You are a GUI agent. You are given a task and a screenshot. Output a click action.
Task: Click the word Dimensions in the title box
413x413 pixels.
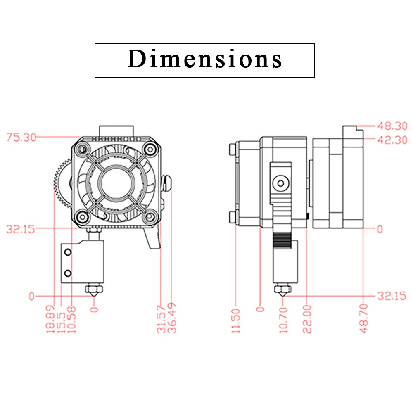click(205, 59)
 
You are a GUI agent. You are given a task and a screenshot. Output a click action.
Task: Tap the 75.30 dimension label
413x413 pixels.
click(21, 138)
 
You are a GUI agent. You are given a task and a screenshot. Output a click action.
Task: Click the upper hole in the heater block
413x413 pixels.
click(68, 252)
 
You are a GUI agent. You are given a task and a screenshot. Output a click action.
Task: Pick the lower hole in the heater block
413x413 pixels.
click(68, 273)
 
